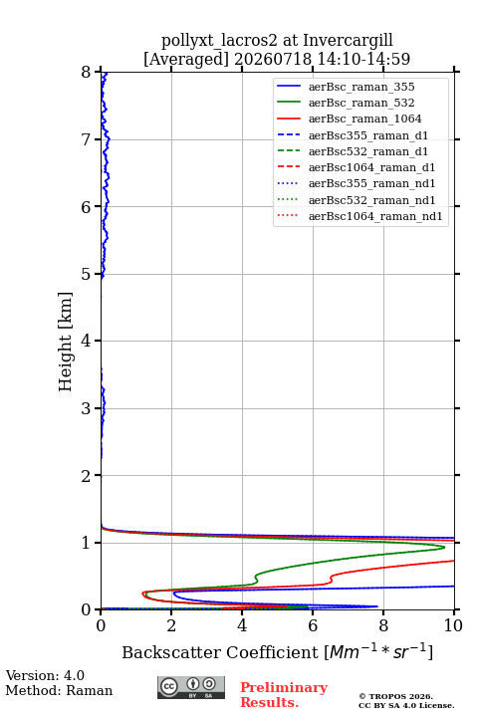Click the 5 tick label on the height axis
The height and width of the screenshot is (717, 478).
87,274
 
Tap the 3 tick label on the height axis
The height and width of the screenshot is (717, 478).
87,408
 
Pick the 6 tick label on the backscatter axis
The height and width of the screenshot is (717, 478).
313,625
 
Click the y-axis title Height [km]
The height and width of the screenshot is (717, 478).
65,342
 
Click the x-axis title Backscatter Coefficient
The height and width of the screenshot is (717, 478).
220,652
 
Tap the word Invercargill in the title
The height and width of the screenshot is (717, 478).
349,40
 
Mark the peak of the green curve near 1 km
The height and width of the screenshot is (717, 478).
444,547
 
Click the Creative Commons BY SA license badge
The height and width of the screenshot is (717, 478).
191,687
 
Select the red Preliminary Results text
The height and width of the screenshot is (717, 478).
284,695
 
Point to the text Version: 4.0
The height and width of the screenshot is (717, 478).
45,675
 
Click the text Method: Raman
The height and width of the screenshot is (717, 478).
59,690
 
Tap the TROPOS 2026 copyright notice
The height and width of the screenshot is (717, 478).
396,696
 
